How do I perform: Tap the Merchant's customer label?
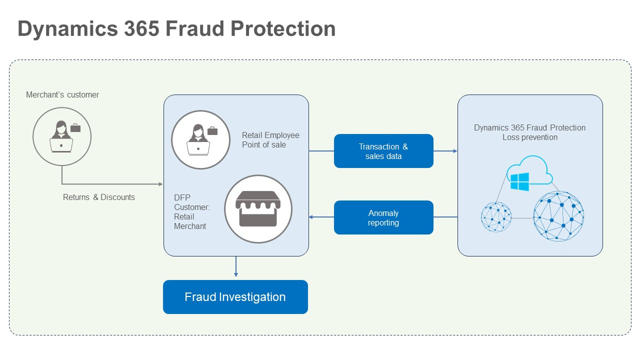pyautogui.click(x=62, y=94)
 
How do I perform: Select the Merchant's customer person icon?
pyautogui.click(x=61, y=136)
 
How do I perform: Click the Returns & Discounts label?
pyautogui.click(x=99, y=197)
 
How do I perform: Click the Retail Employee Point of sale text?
pyautogui.click(x=270, y=140)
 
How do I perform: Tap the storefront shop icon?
pyautogui.click(x=258, y=209)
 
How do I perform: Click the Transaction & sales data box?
pyautogui.click(x=383, y=151)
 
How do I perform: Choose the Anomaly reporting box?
pyautogui.click(x=383, y=217)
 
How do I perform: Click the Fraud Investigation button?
pyautogui.click(x=235, y=297)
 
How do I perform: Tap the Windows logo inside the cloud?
pyautogui.click(x=520, y=181)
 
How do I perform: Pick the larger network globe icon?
pyautogui.click(x=558, y=216)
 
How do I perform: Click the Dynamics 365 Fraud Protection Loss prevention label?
pyautogui.click(x=529, y=132)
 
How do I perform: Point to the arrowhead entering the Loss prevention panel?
pyautogui.click(x=455, y=151)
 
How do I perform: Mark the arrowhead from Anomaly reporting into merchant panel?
pyautogui.click(x=311, y=217)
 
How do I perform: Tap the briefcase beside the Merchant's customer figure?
pyautogui.click(x=75, y=128)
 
